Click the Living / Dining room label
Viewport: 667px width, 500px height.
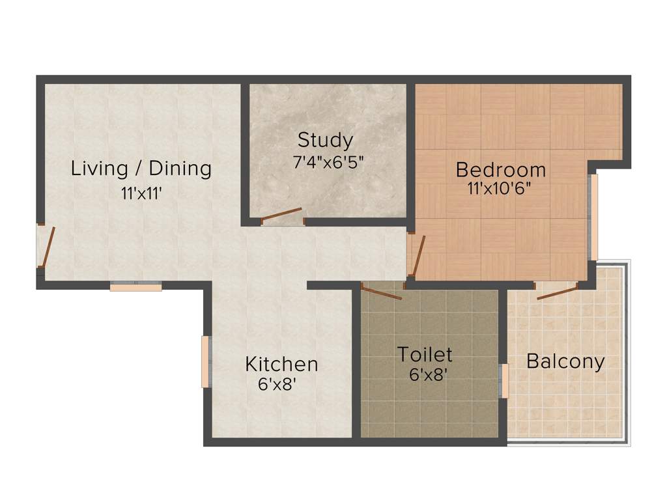141,169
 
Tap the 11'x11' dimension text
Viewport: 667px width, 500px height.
141,193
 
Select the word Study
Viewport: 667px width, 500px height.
325,140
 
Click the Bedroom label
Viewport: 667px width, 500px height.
500,170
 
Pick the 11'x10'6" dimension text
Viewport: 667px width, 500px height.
500,189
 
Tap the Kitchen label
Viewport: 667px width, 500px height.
281,364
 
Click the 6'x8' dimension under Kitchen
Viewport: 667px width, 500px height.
277,384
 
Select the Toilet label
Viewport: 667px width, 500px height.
425,355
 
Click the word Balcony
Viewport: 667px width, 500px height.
565,361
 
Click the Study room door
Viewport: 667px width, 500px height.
281,215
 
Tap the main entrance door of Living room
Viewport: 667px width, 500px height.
45,246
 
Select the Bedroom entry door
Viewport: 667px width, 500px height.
417,255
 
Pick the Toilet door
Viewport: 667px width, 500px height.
382,292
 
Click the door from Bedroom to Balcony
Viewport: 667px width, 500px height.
557,291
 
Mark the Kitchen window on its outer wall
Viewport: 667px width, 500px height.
206,362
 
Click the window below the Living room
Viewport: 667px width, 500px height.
135,286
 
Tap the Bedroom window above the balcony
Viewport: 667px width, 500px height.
593,217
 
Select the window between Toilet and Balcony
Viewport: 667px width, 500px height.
504,381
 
